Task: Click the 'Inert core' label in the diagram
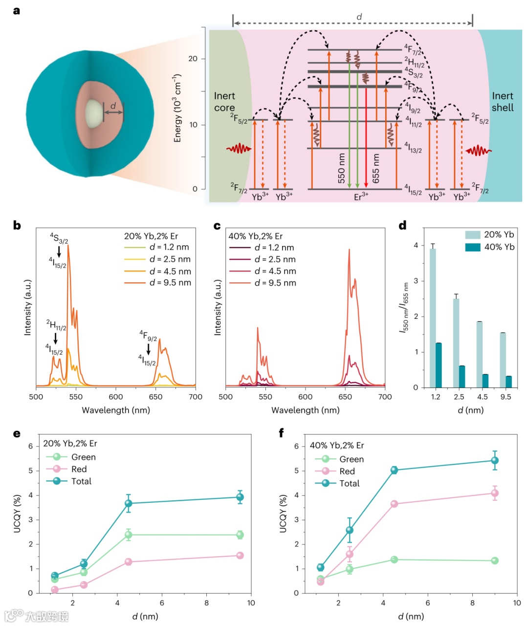click(x=224, y=102)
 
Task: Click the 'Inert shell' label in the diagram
click(x=503, y=102)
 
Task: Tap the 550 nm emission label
click(x=341, y=169)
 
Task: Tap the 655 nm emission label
click(x=375, y=169)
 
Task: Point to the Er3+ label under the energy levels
click(x=361, y=197)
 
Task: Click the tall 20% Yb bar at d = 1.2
click(x=433, y=318)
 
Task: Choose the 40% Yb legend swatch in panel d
click(x=473, y=247)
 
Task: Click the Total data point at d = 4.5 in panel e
click(x=129, y=503)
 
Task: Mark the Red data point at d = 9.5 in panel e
click(x=240, y=555)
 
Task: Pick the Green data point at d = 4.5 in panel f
click(x=394, y=559)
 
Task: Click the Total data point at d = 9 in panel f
click(x=495, y=460)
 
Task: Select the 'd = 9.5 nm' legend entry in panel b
click(x=170, y=283)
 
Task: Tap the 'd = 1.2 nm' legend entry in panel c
click(x=274, y=247)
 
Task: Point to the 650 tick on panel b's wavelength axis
click(x=155, y=397)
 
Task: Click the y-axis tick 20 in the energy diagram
click(x=193, y=59)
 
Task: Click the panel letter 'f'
click(x=281, y=433)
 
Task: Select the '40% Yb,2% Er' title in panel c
click(x=256, y=236)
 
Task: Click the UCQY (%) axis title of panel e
click(x=18, y=514)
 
